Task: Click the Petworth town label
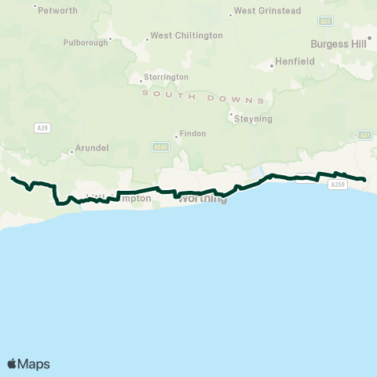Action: [x=58, y=10]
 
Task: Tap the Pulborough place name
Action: [x=86, y=42]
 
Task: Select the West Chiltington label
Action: [x=186, y=35]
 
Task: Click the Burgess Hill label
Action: [x=339, y=44]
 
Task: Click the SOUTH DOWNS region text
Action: [x=203, y=97]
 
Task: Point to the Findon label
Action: [x=193, y=134]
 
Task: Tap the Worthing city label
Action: [x=203, y=199]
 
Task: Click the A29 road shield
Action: [x=43, y=127]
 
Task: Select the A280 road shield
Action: [x=160, y=146]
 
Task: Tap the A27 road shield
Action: [x=364, y=135]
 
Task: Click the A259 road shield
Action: [x=337, y=185]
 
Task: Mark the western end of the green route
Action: [x=12, y=178]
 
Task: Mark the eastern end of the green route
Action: [x=365, y=180]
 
